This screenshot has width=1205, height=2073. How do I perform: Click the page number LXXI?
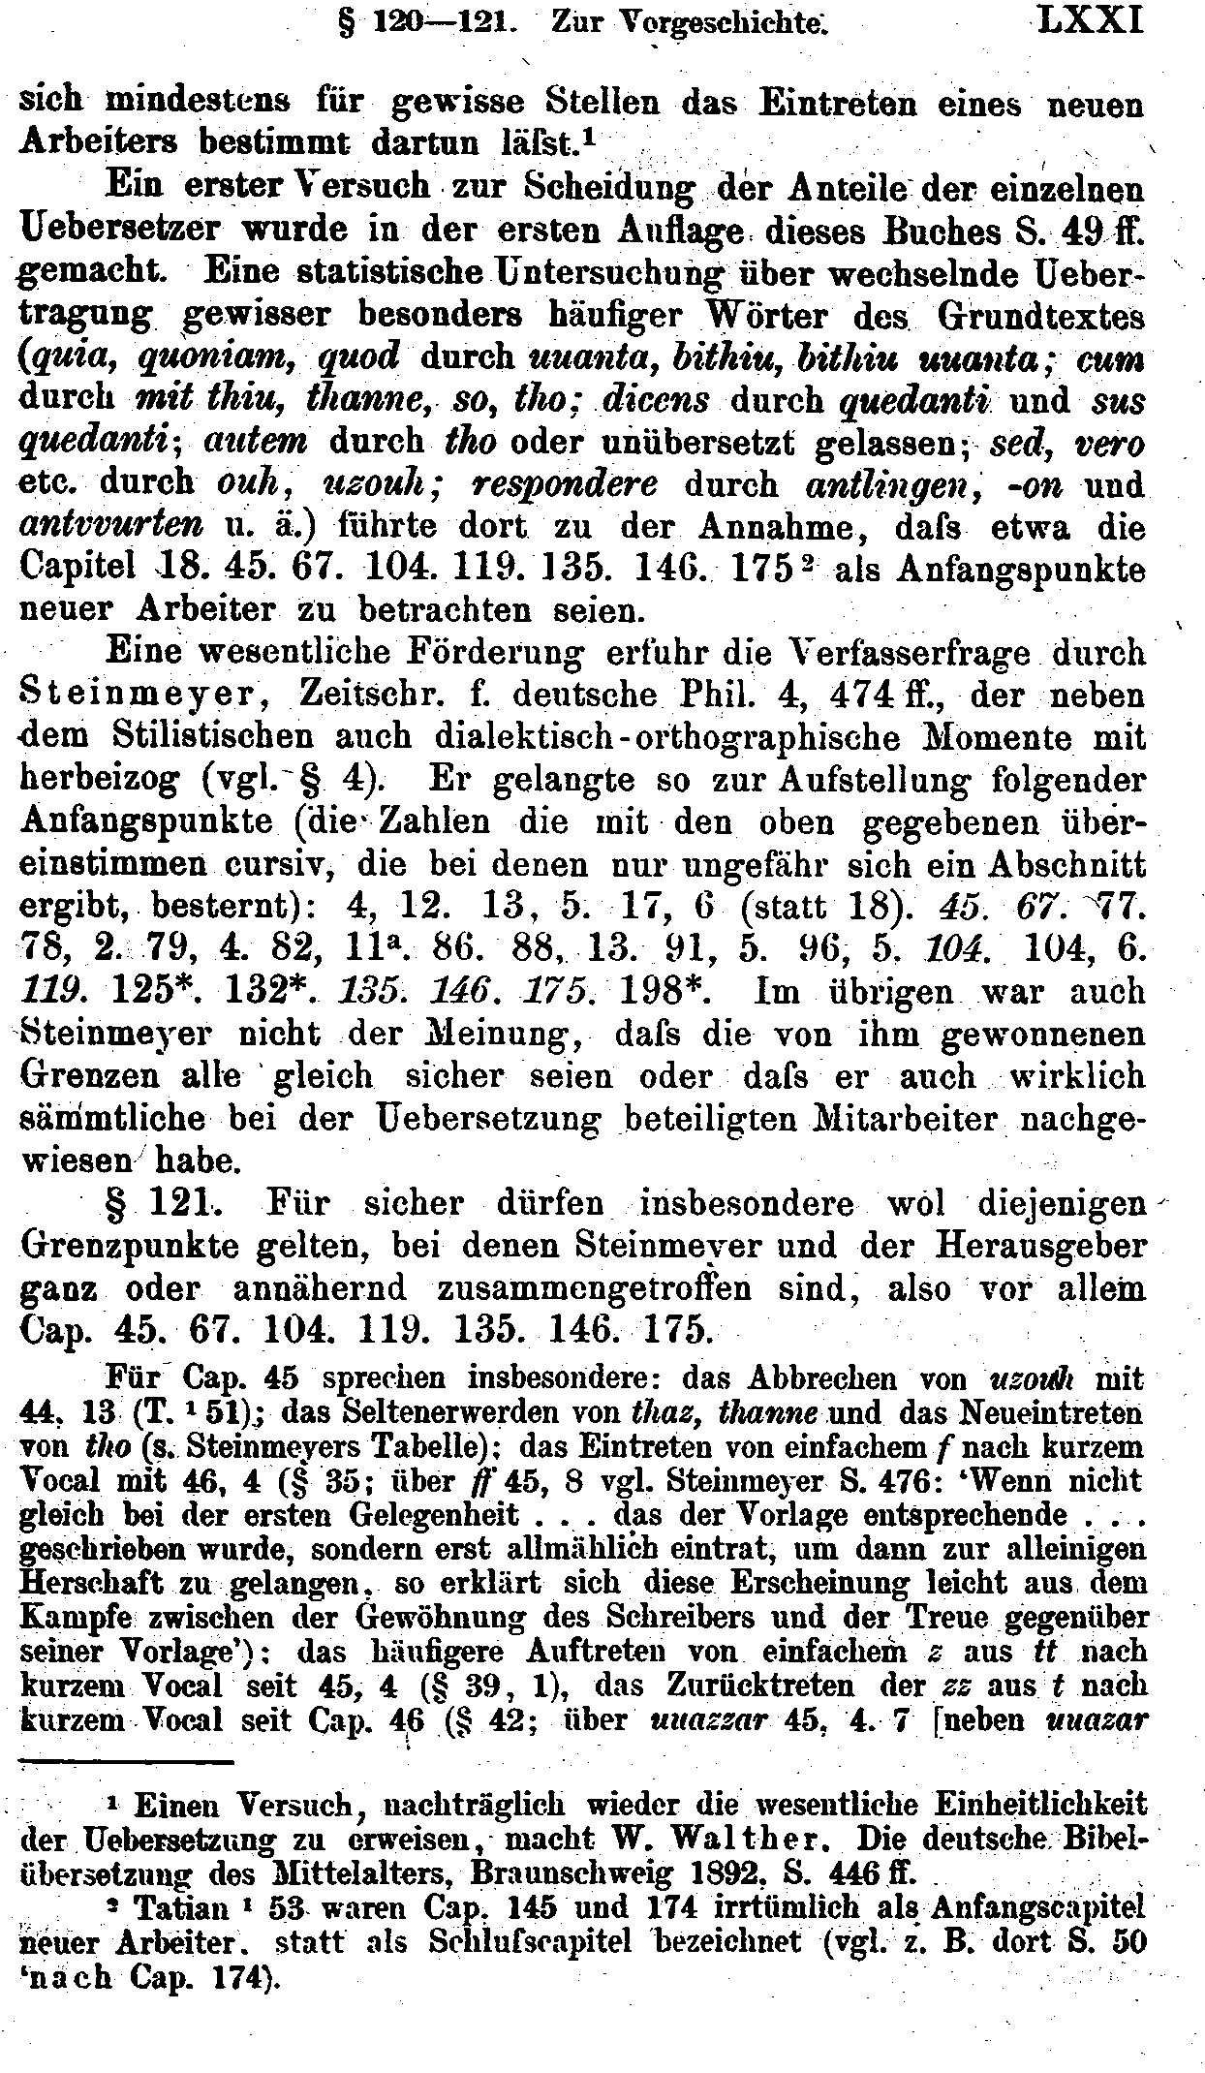click(1089, 20)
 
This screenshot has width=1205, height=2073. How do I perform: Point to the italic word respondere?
click(575, 482)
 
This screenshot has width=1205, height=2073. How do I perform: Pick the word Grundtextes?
click(1043, 315)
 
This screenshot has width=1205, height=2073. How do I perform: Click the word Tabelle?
click(427, 1447)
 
